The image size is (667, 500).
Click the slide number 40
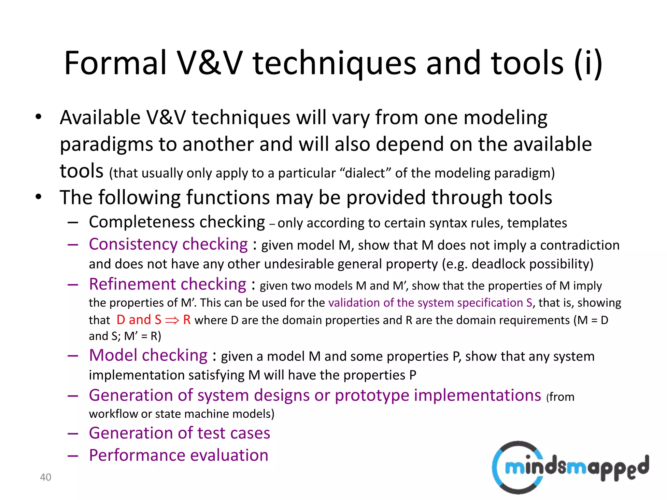pyautogui.click(x=46, y=477)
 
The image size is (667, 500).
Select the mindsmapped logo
pyautogui.click(x=570, y=467)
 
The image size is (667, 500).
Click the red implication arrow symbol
pyautogui.click(x=172, y=320)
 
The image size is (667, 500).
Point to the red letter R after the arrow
pyautogui.click(x=187, y=320)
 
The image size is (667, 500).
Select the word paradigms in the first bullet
pyautogui.click(x=106, y=144)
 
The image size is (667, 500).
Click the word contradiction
pyautogui.click(x=580, y=245)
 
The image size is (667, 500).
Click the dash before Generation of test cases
pyautogui.click(x=73, y=434)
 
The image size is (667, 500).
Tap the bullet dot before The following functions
pyautogui.click(x=39, y=197)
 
